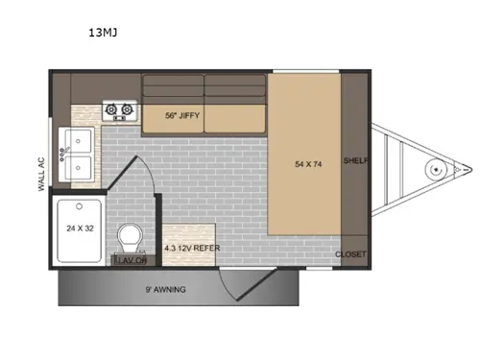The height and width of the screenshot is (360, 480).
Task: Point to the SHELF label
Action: (x=355, y=162)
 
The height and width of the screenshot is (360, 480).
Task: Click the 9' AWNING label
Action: (x=165, y=288)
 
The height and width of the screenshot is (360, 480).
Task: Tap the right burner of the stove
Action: (x=126, y=111)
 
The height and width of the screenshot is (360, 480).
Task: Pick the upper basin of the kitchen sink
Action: (x=78, y=142)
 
